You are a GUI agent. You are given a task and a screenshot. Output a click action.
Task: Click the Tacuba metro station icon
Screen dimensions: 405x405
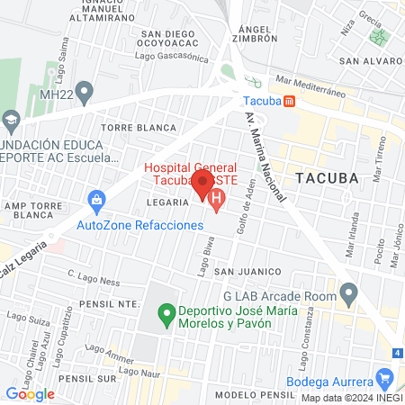point(288,102)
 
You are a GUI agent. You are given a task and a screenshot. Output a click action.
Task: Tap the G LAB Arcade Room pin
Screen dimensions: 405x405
point(352,291)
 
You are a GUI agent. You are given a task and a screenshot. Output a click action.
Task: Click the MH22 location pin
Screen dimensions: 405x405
point(85,91)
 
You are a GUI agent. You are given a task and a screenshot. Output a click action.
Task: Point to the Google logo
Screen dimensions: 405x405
point(30,393)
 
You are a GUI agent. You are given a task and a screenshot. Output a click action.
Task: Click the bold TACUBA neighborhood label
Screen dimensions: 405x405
point(327,177)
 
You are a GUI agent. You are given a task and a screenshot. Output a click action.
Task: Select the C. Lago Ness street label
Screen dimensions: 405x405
point(93,279)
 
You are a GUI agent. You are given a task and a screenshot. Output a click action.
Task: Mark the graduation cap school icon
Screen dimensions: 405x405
point(11,119)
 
